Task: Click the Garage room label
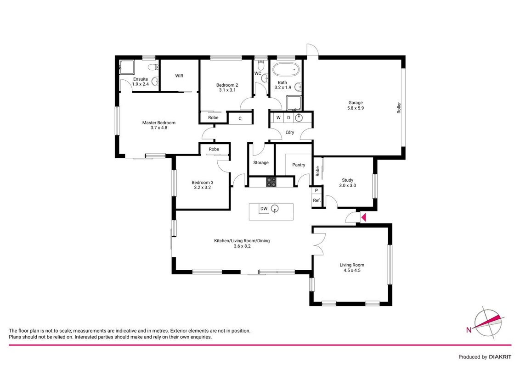(x=355, y=103)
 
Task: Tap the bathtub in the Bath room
(x=286, y=70)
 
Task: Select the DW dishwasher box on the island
(x=264, y=209)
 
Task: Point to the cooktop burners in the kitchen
(x=271, y=182)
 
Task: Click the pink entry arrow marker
(x=363, y=217)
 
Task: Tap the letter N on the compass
(x=469, y=329)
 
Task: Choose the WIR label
(x=179, y=76)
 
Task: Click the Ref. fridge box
(x=317, y=200)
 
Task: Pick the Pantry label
(x=299, y=165)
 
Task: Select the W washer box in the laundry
(x=278, y=118)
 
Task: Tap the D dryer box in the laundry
(x=288, y=118)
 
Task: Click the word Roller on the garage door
(x=399, y=108)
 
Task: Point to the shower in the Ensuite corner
(x=127, y=68)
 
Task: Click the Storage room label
(x=260, y=163)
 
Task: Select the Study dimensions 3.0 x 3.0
(x=348, y=185)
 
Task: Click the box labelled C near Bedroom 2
(x=240, y=118)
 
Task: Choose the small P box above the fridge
(x=317, y=191)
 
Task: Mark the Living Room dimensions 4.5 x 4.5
(x=352, y=270)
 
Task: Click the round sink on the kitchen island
(x=275, y=209)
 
